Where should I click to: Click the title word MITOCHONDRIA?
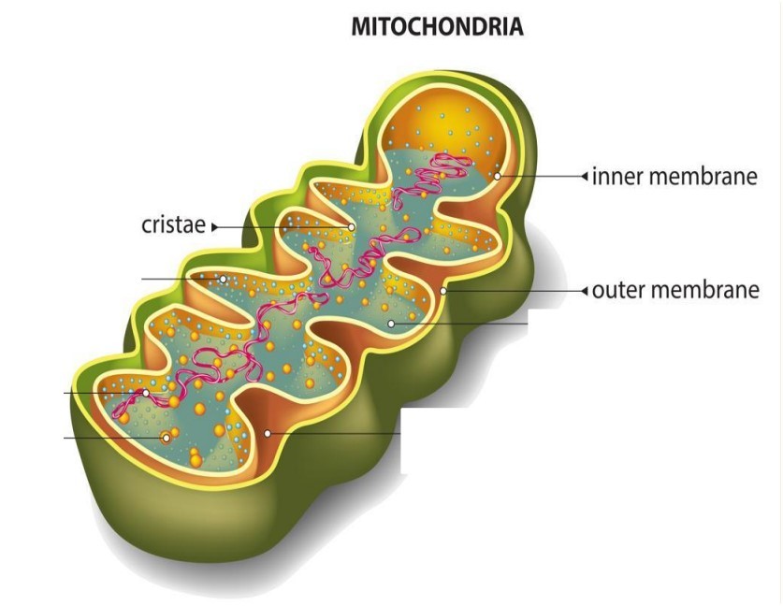pyautogui.click(x=438, y=26)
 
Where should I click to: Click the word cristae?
pyautogui.click(x=173, y=225)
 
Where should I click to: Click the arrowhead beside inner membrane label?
pyautogui.click(x=585, y=176)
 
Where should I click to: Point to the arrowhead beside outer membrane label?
pyautogui.click(x=585, y=291)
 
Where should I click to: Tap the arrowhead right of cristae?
pyautogui.click(x=215, y=227)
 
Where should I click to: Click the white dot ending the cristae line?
pyautogui.click(x=351, y=227)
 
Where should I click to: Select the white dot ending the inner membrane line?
pyautogui.click(x=498, y=176)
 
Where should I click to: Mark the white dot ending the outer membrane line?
pyautogui.click(x=442, y=291)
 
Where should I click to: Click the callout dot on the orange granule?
pyautogui.click(x=167, y=439)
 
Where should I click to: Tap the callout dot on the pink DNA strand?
pyautogui.click(x=146, y=394)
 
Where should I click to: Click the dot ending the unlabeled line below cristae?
pyautogui.click(x=224, y=279)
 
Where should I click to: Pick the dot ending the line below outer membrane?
pyautogui.click(x=391, y=324)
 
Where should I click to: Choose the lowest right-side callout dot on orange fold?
pyautogui.click(x=268, y=434)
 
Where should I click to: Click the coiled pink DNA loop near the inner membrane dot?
pyautogui.click(x=452, y=164)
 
